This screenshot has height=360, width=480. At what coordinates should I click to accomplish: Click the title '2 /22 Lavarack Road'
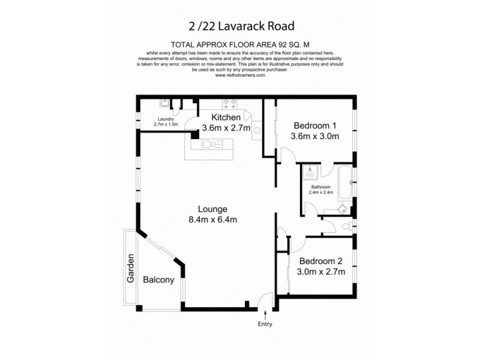coord(240,26)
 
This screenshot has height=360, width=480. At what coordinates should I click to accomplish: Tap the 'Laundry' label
coord(166,118)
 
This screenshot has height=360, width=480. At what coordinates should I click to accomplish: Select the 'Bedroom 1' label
coord(315,125)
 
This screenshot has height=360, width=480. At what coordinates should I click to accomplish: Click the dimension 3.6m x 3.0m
coord(315,136)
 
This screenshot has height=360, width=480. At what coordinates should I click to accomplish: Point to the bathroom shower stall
coord(310,173)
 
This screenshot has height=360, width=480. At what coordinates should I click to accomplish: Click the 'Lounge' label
coord(213,209)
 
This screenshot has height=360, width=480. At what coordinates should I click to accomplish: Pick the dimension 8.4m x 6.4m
coord(213,220)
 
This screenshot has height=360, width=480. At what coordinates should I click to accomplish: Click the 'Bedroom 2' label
coord(321,261)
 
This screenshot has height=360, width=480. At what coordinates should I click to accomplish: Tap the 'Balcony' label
coord(158,280)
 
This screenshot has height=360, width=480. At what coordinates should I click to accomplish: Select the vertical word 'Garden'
coord(130,269)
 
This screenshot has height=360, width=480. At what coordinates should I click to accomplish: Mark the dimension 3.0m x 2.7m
coord(321,272)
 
